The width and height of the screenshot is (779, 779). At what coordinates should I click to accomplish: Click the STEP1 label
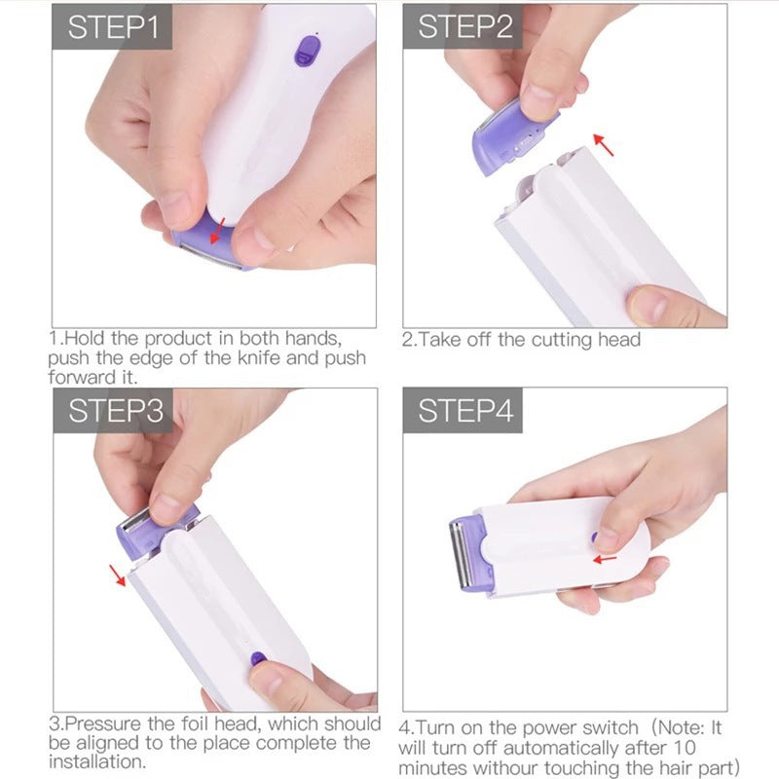pos(112,27)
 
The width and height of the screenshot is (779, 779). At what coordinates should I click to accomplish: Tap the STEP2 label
pos(464,27)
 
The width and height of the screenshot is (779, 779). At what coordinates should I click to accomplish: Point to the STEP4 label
pos(464,411)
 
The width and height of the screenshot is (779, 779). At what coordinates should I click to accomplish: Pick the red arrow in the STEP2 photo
pos(605,146)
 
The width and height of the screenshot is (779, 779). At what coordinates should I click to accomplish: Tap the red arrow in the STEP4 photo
pos(606,559)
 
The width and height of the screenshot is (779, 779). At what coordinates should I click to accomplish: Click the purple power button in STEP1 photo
pos(309,49)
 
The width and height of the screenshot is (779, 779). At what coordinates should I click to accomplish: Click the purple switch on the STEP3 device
pos(258,658)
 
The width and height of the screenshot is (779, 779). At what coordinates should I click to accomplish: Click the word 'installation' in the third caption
pos(95,762)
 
